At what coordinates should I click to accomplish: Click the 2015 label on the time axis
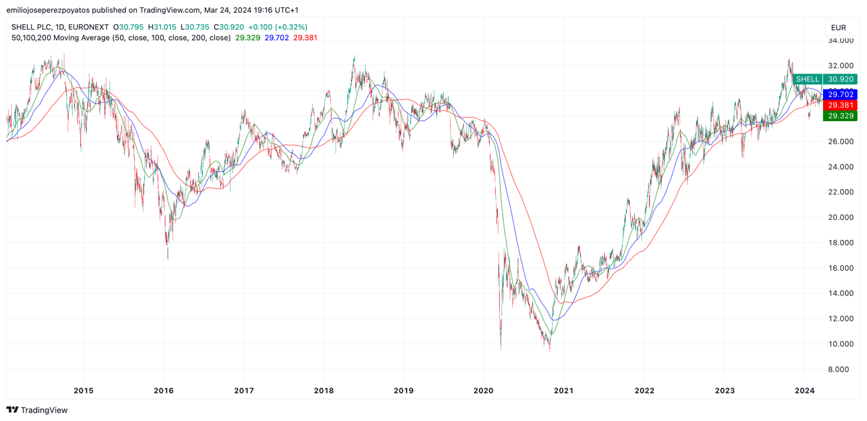pyautogui.click(x=83, y=390)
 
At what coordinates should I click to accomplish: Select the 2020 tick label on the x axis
pyautogui.click(x=483, y=390)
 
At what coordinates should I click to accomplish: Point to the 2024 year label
pyautogui.click(x=804, y=390)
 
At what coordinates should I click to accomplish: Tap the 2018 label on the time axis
pyautogui.click(x=324, y=390)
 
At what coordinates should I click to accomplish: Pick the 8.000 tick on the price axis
pyautogui.click(x=840, y=370)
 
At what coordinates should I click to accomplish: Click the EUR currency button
pyautogui.click(x=839, y=27)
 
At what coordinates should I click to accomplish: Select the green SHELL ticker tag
pyautogui.click(x=808, y=80)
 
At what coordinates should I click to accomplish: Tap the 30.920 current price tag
pyautogui.click(x=841, y=80)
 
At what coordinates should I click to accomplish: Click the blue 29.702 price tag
pyautogui.click(x=841, y=95)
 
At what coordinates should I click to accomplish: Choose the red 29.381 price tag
pyautogui.click(x=841, y=106)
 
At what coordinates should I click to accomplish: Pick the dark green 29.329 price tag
pyautogui.click(x=841, y=116)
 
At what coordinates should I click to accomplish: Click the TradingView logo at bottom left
pyautogui.click(x=37, y=410)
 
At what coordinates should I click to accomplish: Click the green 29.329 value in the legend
pyautogui.click(x=248, y=38)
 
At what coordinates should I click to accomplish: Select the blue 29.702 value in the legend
pyautogui.click(x=276, y=38)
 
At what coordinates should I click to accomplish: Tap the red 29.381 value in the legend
pyautogui.click(x=305, y=38)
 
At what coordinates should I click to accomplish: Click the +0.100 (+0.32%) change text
pyautogui.click(x=278, y=27)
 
